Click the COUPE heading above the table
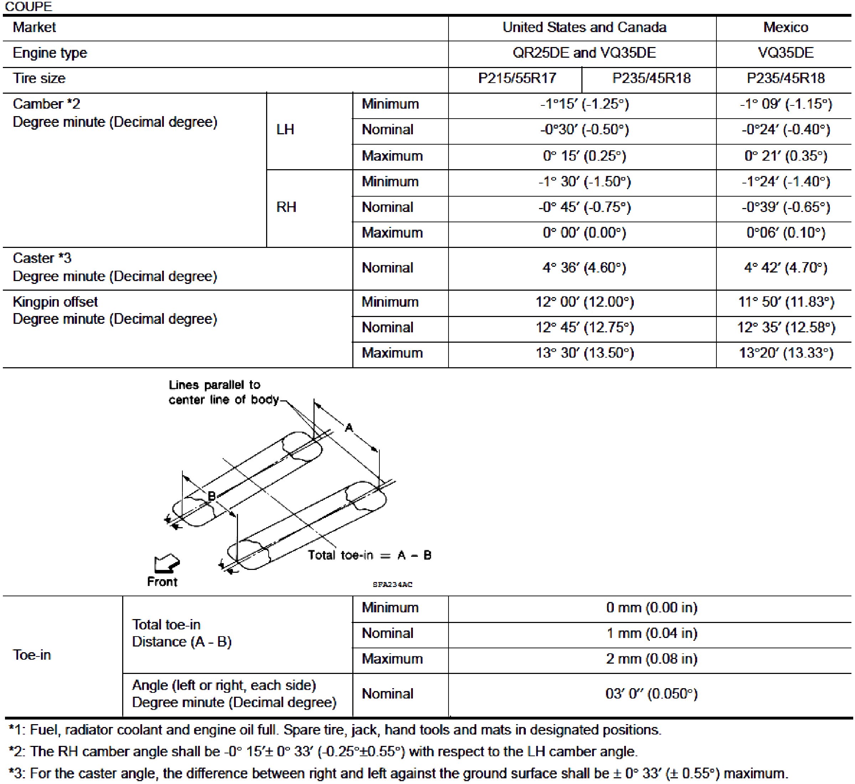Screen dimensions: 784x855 click(x=28, y=6)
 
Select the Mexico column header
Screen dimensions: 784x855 click(x=786, y=27)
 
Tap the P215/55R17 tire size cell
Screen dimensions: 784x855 click(x=517, y=78)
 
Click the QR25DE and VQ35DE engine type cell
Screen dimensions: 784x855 click(x=584, y=53)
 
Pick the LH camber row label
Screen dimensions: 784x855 click(x=285, y=130)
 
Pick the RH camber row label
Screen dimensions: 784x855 click(x=286, y=207)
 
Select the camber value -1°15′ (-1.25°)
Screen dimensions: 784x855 click(x=584, y=104)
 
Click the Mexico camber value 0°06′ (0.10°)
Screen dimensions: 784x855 click(x=786, y=233)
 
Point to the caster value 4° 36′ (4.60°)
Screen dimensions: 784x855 click(x=584, y=268)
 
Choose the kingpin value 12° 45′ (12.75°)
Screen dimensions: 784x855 click(x=584, y=327)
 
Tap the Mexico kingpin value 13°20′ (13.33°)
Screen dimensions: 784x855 click(x=786, y=353)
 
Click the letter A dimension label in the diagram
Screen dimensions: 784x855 click(x=349, y=427)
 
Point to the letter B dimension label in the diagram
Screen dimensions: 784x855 click(x=211, y=495)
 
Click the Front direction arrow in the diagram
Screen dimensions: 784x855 click(x=167, y=563)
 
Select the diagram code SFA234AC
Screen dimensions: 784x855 click(x=392, y=585)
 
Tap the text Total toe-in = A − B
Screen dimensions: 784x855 click(x=369, y=555)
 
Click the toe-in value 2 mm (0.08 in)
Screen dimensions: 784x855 click(x=651, y=659)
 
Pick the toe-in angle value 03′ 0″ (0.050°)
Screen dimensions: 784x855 click(x=651, y=694)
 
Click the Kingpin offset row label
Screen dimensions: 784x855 click(x=55, y=302)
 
